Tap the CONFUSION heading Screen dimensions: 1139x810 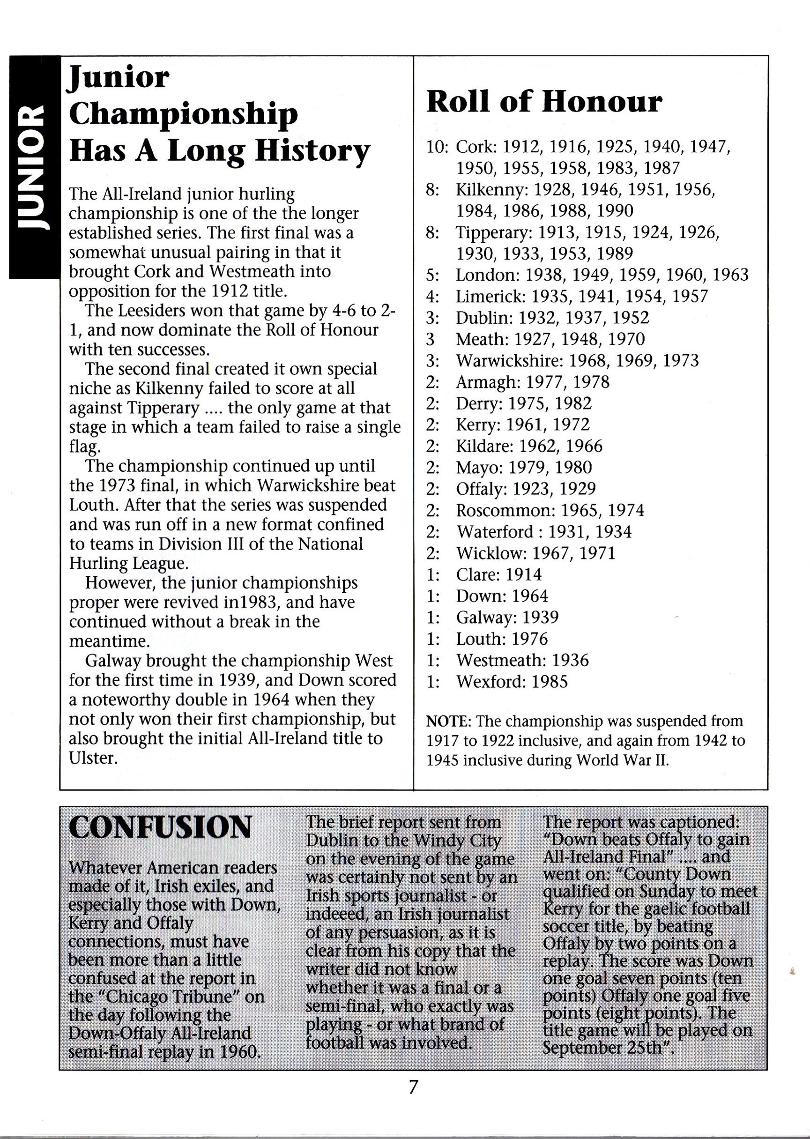click(x=160, y=829)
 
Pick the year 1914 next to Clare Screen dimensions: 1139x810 click(x=523, y=574)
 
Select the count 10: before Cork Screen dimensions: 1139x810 click(x=438, y=147)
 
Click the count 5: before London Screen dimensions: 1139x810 click(x=432, y=275)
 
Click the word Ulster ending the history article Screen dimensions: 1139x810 click(x=93, y=758)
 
